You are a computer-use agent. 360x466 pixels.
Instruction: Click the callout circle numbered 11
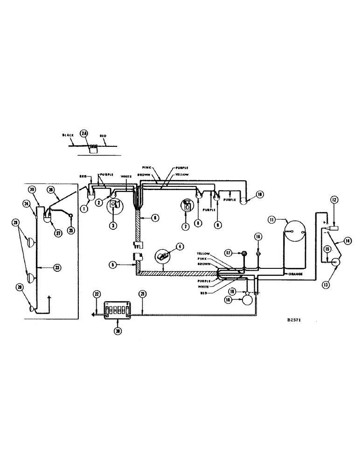(x=272, y=218)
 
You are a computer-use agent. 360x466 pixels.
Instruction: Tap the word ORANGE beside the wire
(x=297, y=274)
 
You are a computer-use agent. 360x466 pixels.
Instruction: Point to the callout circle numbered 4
(x=180, y=247)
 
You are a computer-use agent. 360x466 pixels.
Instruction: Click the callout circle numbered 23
(x=56, y=267)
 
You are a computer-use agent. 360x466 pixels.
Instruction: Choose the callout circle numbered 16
(x=257, y=237)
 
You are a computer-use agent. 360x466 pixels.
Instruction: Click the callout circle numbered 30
(x=32, y=189)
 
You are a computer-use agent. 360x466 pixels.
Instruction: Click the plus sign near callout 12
(x=323, y=223)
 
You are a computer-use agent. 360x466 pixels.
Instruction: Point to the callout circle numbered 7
(x=185, y=227)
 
